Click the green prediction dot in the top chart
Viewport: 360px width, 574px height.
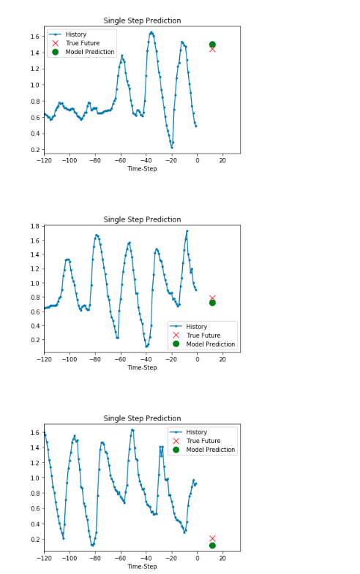pos(212,45)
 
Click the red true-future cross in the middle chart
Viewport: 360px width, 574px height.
pos(212,298)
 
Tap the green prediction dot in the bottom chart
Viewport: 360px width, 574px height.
pos(212,545)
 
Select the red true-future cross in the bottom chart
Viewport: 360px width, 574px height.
pos(212,538)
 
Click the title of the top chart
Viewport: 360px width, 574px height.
pos(142,20)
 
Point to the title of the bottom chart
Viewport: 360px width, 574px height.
pos(142,418)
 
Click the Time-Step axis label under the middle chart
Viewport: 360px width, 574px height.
pos(142,368)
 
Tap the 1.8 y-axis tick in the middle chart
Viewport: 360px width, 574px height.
pos(35,226)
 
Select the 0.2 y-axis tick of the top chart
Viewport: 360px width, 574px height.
pos(35,150)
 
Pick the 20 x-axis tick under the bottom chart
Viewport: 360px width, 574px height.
pos(222,558)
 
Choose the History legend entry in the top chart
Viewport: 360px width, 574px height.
pos(76,34)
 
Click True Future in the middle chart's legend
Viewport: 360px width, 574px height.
pos(203,336)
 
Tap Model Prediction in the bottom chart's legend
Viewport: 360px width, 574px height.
pos(211,450)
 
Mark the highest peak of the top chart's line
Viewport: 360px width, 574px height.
pos(151,32)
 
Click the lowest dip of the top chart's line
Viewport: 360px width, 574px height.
pos(172,148)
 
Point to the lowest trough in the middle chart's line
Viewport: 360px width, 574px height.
pos(146,347)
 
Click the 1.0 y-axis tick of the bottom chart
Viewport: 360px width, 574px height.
pos(35,478)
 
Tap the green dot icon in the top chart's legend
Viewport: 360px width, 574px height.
pos(56,52)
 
